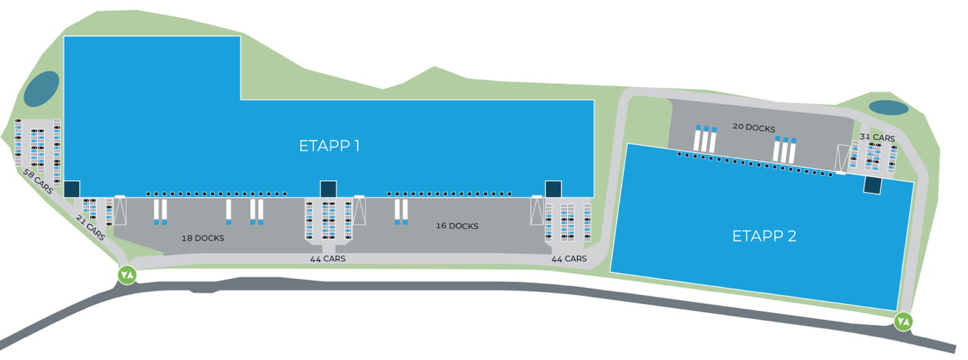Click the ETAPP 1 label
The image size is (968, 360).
point(329,146)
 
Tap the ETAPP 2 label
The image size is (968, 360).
point(765,236)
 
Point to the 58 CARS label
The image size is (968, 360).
point(38,182)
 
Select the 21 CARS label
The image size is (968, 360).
point(91,226)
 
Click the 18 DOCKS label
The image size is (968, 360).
point(203,238)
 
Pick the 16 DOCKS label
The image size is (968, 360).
point(457,225)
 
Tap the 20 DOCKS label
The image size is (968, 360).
point(754,128)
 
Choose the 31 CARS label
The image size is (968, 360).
point(877,138)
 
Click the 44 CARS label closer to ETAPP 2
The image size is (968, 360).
point(569,259)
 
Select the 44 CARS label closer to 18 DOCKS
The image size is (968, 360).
point(328,259)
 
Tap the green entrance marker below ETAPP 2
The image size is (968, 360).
point(902,321)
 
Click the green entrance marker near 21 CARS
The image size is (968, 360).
point(126,274)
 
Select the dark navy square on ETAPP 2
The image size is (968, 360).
point(873,185)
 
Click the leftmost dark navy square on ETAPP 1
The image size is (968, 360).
point(73,188)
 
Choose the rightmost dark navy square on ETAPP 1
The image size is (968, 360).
point(554,188)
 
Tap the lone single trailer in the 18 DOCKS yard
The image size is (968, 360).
point(228,212)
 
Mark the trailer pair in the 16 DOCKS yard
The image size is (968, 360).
point(400,212)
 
